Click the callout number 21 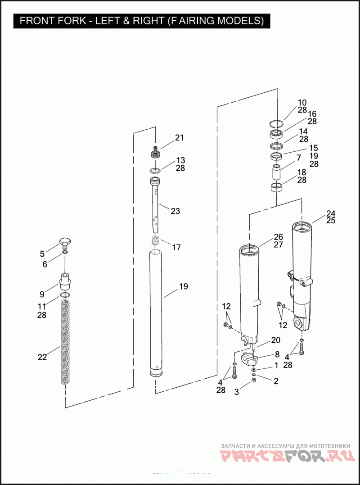pyautogui.click(x=180, y=138)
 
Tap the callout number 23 pyautogui.click(x=175, y=211)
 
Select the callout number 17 pyautogui.click(x=176, y=247)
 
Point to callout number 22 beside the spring pyautogui.click(x=42, y=357)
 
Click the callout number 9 pyautogui.click(x=42, y=295)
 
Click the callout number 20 pyautogui.click(x=275, y=340)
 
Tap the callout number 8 pyautogui.click(x=277, y=354)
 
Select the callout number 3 pyautogui.click(x=237, y=392)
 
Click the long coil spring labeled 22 pyautogui.click(x=66, y=342)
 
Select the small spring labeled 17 pyautogui.click(x=156, y=241)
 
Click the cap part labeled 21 pyautogui.click(x=155, y=152)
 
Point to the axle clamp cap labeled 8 pyautogui.click(x=249, y=359)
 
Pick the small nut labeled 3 pyautogui.click(x=254, y=381)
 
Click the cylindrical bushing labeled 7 pyautogui.click(x=277, y=173)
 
